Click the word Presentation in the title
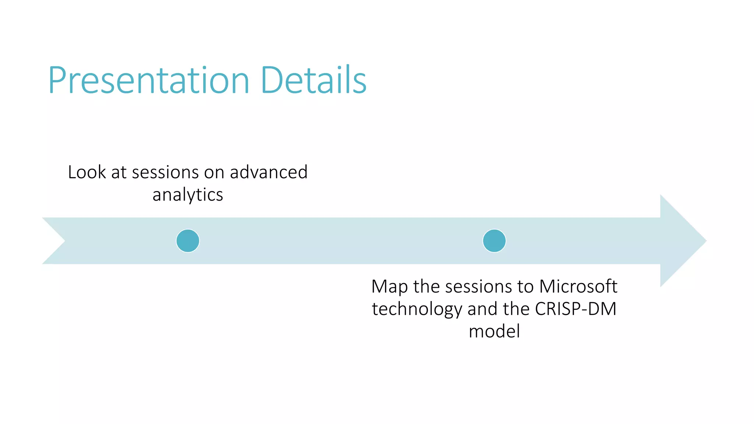click(149, 80)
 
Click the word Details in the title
click(313, 80)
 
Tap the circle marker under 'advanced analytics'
click(188, 241)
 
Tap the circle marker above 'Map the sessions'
click(494, 241)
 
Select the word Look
click(87, 172)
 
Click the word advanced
click(269, 172)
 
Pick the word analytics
click(188, 195)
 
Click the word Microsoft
click(578, 286)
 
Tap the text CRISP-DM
click(575, 309)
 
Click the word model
click(494, 331)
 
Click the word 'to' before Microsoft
click(525, 287)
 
